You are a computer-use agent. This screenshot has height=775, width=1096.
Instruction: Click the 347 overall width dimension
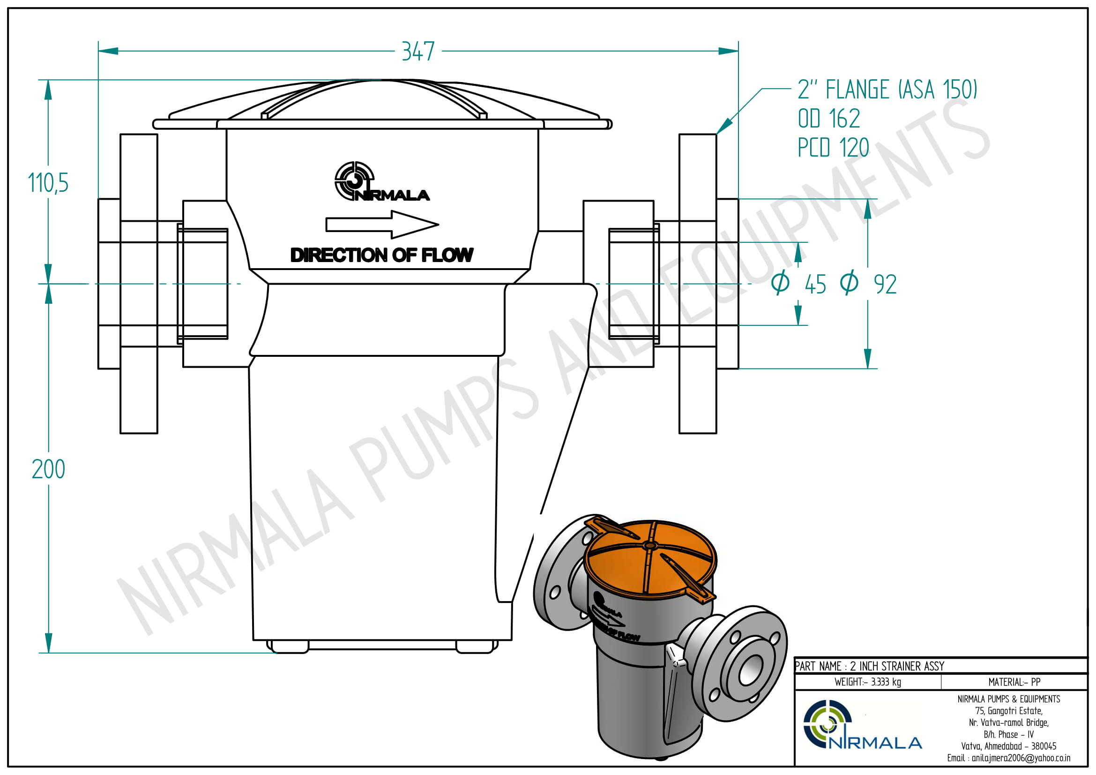coord(418,51)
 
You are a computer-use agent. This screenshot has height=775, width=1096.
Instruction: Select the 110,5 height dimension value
coord(48,183)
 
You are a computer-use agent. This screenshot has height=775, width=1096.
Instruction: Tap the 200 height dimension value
coord(48,469)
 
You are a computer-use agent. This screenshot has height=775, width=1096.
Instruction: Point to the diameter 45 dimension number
coord(815,285)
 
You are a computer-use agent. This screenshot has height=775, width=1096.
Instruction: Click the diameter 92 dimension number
coord(885,285)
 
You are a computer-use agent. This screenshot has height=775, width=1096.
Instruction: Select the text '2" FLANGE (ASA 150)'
coord(887,89)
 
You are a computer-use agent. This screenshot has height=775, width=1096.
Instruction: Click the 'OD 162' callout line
coord(829,119)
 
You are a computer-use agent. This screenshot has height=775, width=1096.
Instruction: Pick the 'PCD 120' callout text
coord(833,148)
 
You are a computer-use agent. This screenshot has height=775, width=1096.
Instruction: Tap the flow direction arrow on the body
coord(382,224)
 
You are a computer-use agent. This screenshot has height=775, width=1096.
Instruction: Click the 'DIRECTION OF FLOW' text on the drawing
coord(382,255)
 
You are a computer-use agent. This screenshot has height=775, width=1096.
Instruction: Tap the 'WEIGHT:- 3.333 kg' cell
coord(867,682)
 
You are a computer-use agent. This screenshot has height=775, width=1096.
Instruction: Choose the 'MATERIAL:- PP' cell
coord(1014,682)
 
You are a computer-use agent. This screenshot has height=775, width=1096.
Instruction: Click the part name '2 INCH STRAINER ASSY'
coord(897,666)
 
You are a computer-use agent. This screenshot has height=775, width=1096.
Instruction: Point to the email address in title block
coord(1008,758)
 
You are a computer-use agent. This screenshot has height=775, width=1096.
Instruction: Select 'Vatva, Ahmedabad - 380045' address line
coord(1008,746)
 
